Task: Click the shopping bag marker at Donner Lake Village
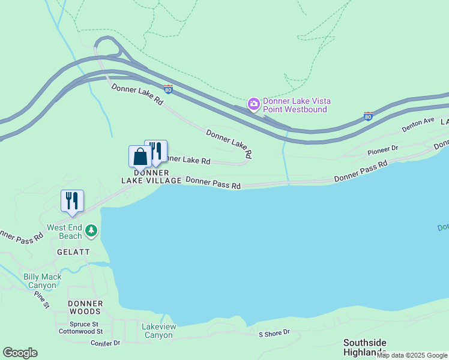point(140,157)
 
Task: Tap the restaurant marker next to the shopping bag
point(156,150)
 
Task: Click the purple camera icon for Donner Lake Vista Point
point(254,104)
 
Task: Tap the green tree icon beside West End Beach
point(91,230)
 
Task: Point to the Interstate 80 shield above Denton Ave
point(368,116)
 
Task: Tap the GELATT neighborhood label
point(73,252)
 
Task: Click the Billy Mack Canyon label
point(40,281)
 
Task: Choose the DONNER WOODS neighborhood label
point(85,307)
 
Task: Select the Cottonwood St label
point(82,331)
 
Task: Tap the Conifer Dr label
point(106,343)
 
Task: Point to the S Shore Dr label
point(274,333)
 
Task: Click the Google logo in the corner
point(20,352)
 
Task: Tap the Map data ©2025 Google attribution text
point(412,355)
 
